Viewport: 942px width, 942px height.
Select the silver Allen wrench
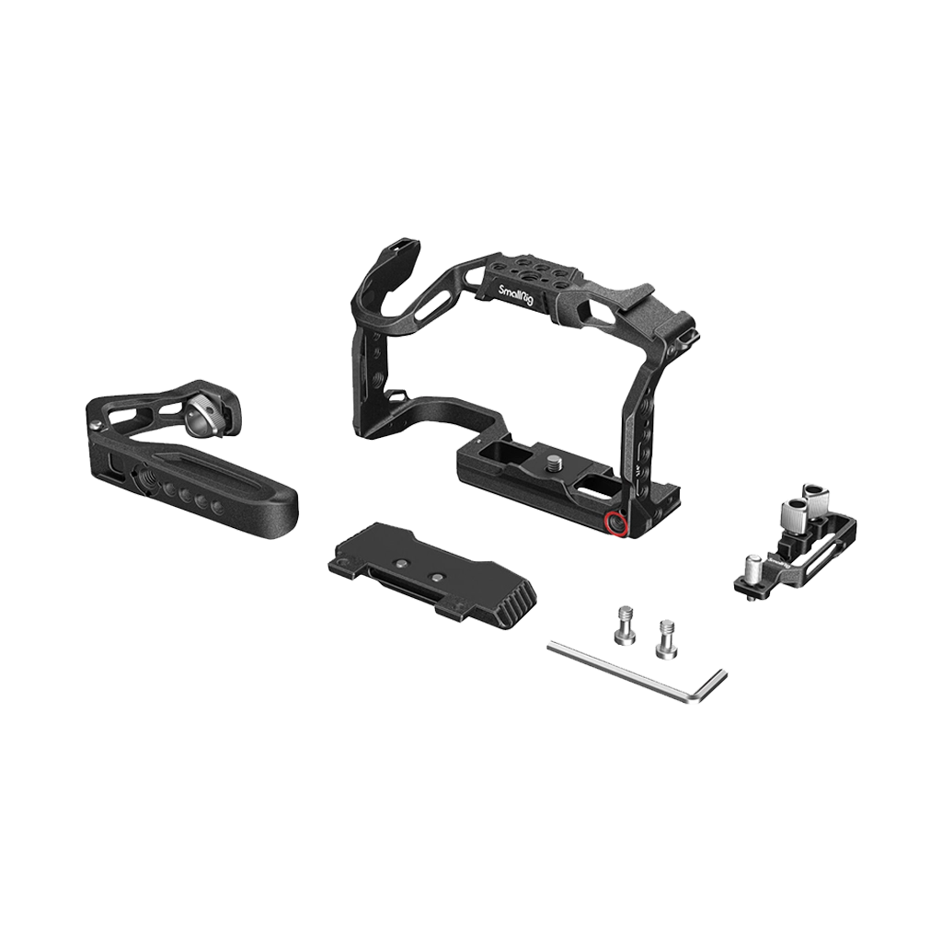coord(634,672)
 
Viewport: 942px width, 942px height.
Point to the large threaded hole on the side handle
coord(148,477)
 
